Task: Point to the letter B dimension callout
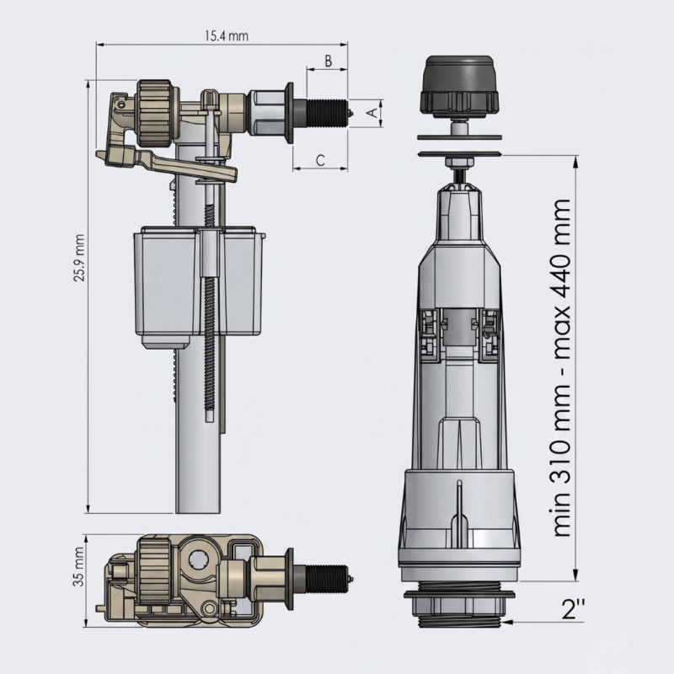click(x=329, y=61)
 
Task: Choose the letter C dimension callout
click(x=320, y=160)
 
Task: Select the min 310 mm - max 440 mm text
click(x=560, y=368)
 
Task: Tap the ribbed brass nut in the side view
click(x=155, y=107)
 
